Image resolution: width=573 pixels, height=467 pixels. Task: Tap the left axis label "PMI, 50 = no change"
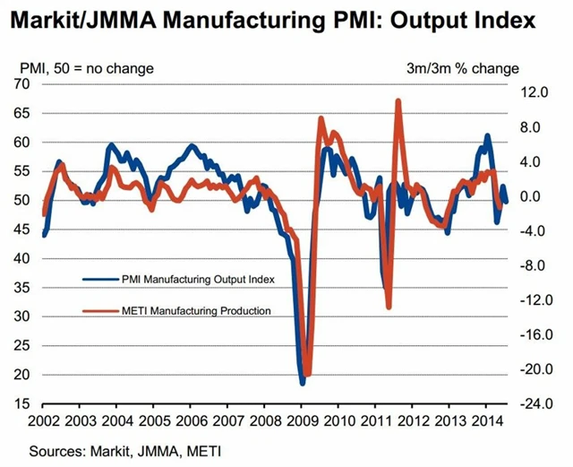(x=86, y=67)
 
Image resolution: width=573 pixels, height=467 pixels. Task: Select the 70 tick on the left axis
(x=20, y=83)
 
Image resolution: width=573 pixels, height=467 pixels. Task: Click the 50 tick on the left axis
(x=20, y=200)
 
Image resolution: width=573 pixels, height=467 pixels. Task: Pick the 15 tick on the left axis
(x=20, y=403)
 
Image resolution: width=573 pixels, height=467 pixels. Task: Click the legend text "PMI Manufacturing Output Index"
(x=197, y=279)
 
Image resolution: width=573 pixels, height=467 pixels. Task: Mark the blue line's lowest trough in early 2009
(x=303, y=383)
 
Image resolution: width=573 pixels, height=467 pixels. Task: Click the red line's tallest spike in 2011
(x=398, y=100)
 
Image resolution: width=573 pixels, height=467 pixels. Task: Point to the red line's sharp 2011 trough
(x=389, y=307)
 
